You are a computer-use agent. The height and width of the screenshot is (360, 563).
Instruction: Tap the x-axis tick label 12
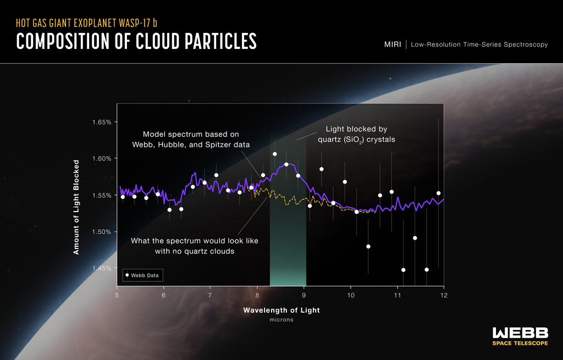443,295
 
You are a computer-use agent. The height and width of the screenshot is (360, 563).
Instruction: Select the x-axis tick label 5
117,295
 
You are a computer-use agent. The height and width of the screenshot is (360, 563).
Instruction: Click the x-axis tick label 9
303,295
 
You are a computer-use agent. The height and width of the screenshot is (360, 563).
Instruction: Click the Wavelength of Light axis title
281,310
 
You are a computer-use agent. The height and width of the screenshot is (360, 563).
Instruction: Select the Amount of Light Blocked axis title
76,207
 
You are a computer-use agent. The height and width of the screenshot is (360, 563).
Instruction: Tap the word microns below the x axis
281,320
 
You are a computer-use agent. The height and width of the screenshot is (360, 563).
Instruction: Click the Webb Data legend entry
143,275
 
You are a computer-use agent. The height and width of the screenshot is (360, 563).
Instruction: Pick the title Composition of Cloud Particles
136,42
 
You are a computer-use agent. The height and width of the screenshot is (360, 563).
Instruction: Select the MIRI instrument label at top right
393,44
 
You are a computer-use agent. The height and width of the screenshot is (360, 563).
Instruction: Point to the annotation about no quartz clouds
194,246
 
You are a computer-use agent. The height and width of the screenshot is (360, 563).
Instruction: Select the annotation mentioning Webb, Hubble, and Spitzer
191,139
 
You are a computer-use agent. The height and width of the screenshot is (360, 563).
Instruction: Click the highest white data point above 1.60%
274,154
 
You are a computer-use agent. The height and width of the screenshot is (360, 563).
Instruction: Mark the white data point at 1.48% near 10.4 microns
368,246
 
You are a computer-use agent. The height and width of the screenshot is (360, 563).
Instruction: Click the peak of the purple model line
286,163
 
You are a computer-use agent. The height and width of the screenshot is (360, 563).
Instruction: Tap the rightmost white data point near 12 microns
438,193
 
